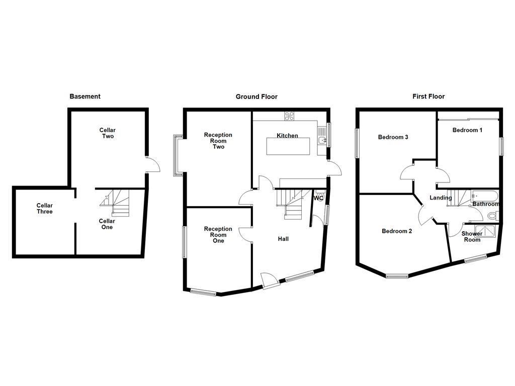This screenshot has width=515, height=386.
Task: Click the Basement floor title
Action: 85,96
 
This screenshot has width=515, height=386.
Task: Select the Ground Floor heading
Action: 256,96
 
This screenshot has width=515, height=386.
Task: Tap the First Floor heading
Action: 429,96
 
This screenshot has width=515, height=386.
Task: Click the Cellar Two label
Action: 108,133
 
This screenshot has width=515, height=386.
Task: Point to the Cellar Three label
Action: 44,209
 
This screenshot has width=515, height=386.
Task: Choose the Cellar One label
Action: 107,224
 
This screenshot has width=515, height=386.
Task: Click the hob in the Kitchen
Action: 290,116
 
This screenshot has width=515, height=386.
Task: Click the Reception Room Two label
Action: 218,141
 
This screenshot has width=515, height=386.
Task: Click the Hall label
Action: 283,239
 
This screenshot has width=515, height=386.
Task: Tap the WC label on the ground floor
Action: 318,199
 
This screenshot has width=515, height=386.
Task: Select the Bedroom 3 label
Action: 393,137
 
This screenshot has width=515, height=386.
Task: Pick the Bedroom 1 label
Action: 467,130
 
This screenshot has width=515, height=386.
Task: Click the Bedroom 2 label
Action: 397,231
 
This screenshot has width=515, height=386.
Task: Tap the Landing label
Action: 440,198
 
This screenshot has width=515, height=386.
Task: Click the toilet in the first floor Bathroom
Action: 492,216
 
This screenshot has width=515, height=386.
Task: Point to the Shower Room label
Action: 472,237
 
